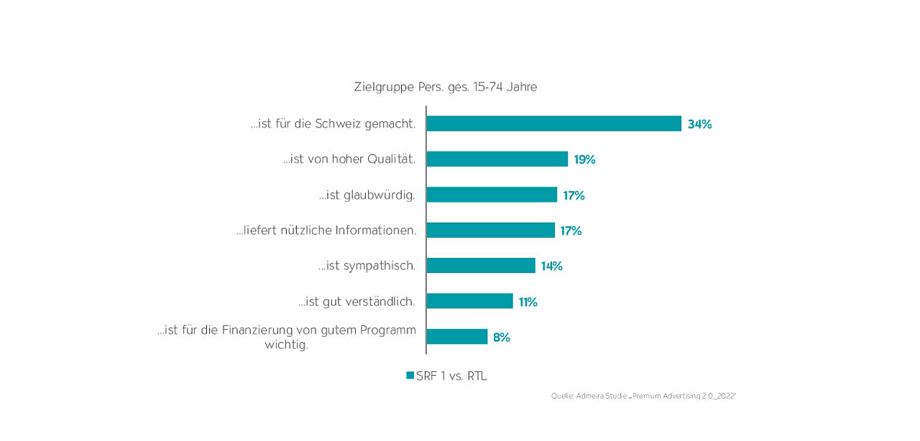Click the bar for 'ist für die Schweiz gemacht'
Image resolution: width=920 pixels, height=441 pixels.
pos(553,124)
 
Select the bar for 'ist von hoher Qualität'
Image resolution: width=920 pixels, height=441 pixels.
pos(497,159)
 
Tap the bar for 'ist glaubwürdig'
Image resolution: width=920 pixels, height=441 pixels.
pos(492,195)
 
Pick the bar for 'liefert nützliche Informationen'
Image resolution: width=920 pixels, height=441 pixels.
pos(490,230)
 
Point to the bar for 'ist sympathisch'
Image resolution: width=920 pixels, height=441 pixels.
pos(480,266)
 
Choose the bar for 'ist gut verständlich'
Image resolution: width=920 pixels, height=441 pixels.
pos(469,301)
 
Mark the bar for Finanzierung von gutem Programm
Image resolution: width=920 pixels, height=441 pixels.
pos(456,337)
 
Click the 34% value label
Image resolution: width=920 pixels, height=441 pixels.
pos(699,124)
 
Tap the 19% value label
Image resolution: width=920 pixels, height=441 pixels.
pos(584,159)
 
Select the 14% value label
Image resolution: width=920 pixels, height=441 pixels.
pos(551,266)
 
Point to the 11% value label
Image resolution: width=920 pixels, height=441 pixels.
pos(528,302)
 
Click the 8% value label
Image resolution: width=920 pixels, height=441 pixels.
pos(501,337)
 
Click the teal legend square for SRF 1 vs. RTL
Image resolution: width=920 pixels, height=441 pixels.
pos(410,376)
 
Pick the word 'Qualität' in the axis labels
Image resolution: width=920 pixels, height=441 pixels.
pos(392,159)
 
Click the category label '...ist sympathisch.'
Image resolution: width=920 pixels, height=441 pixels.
pos(367,266)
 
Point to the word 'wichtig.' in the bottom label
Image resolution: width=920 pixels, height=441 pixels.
pos(286,345)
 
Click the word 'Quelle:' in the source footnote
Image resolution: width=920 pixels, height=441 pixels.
pos(562,396)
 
